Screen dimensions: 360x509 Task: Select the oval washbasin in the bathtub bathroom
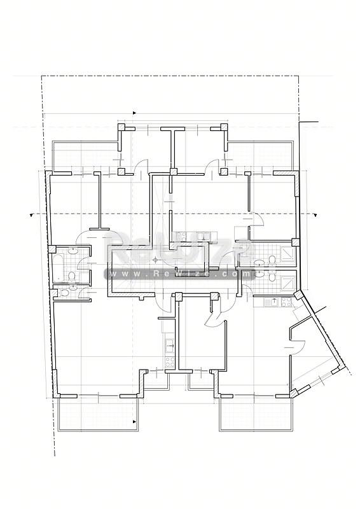click(74, 250)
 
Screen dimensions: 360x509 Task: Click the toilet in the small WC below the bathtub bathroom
click(64, 293)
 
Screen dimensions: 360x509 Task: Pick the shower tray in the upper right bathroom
click(287, 252)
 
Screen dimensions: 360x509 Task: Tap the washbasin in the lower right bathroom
click(260, 274)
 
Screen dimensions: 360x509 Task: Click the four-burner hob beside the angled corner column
click(287, 302)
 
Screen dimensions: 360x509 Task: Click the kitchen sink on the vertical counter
click(170, 345)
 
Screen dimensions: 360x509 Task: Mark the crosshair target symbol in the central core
click(156, 260)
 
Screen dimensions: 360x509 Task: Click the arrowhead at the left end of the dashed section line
click(32, 214)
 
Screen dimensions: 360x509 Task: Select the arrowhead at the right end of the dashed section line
click(316, 214)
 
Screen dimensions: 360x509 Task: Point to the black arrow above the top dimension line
click(135, 113)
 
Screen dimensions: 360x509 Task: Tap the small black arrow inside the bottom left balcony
click(134, 422)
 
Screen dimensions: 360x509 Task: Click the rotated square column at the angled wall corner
click(298, 295)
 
